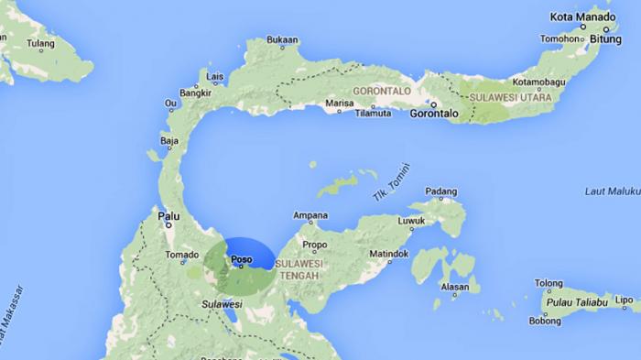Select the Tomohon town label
pyautogui.click(x=560, y=39)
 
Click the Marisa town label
pyautogui.click(x=339, y=104)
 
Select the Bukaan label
pyautogui.click(x=282, y=39)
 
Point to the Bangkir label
pyautogui.click(x=195, y=93)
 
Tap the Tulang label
pyautogui.click(x=40, y=43)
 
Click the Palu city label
pyautogui.click(x=168, y=216)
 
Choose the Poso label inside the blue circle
pyautogui.click(x=241, y=259)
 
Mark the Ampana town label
pyautogui.click(x=310, y=216)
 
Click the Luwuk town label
pyautogui.click(x=411, y=221)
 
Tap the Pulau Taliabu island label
pyautogui.click(x=578, y=301)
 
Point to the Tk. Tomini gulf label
pyautogui.click(x=392, y=182)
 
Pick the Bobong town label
pyautogui.click(x=545, y=321)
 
